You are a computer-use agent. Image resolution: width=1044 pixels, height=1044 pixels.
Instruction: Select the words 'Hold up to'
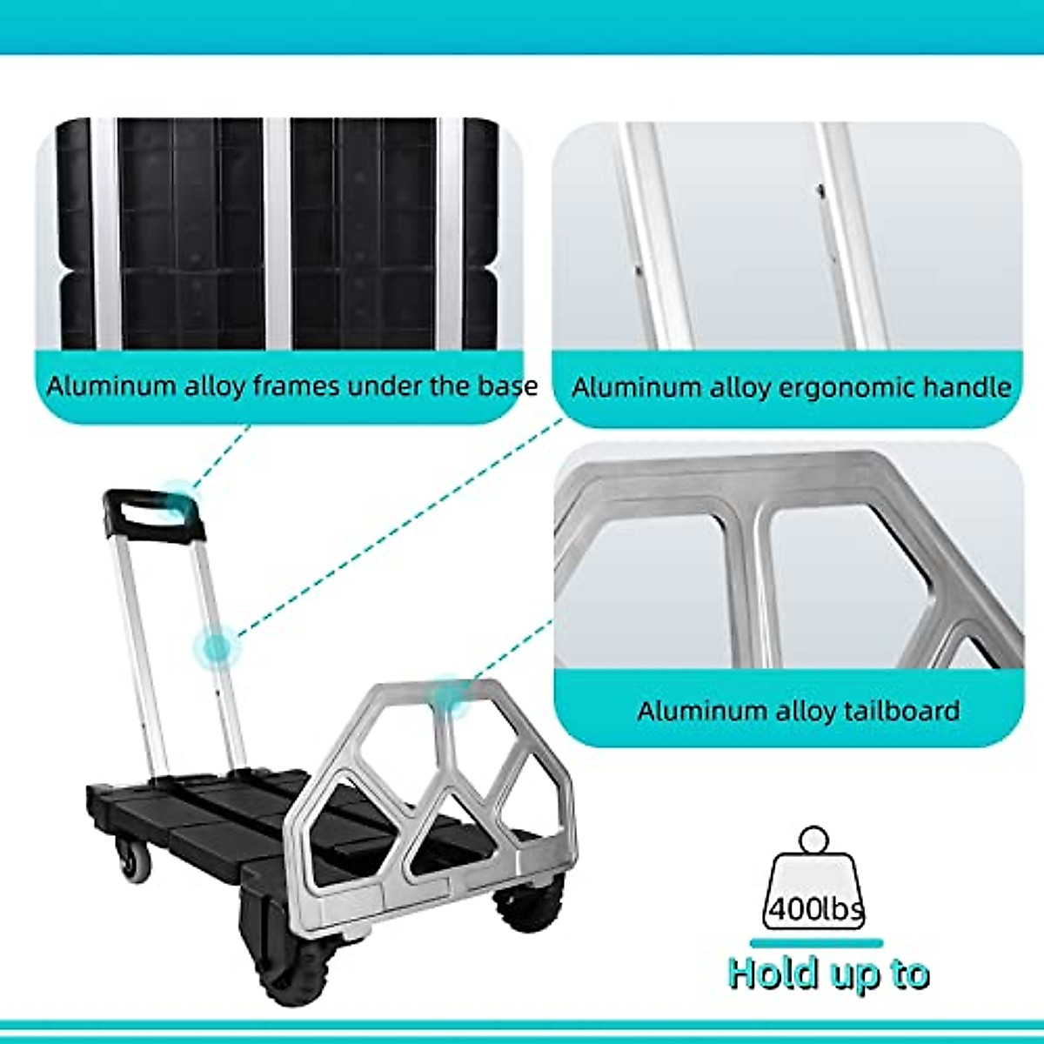coord(828,973)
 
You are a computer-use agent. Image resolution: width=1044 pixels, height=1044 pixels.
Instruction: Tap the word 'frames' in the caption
coord(296,385)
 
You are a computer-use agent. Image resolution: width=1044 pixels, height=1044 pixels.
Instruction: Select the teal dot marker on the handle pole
coord(214,646)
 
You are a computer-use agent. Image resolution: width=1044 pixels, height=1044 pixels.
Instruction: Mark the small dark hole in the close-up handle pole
coord(818,187)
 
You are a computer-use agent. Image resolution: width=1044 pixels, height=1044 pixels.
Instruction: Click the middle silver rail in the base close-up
coord(278,235)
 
